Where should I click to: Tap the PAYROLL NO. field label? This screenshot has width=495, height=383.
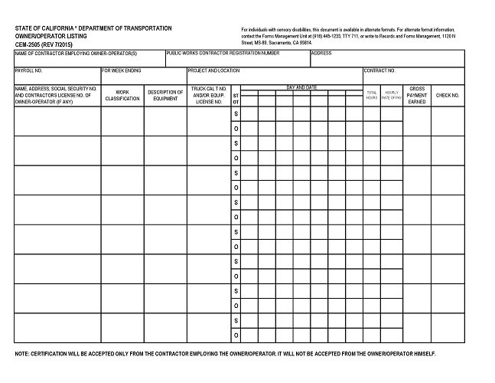(29, 70)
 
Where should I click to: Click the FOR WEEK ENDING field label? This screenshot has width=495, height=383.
(122, 70)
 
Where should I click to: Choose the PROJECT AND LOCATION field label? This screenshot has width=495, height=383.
(213, 70)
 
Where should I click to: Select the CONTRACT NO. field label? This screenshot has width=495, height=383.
(380, 70)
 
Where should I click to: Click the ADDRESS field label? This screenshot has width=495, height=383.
(321, 54)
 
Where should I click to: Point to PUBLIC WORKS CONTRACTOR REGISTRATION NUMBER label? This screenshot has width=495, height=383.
(223, 54)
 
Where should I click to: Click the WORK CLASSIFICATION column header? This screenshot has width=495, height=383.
(122, 95)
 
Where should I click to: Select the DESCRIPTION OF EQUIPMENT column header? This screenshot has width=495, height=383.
(165, 95)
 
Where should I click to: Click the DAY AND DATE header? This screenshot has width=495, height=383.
(301, 87)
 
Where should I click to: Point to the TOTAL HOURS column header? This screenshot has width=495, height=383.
(372, 95)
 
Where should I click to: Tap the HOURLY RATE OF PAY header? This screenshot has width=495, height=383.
(392, 95)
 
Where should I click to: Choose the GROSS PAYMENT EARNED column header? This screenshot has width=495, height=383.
(417, 95)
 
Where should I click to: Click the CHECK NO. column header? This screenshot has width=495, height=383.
(448, 96)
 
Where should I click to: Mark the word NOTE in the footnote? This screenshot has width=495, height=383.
(23, 354)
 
